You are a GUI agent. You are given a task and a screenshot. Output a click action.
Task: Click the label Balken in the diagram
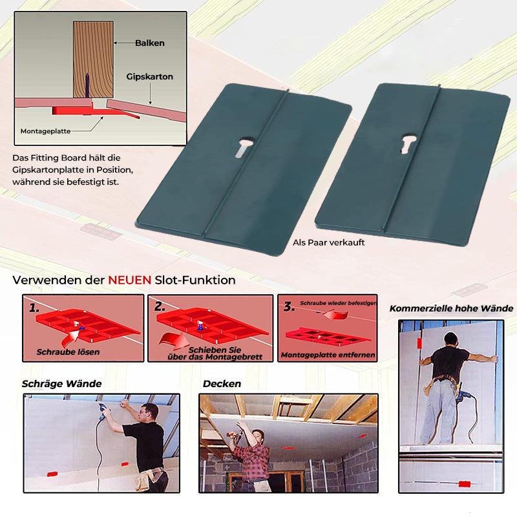(x=150, y=43)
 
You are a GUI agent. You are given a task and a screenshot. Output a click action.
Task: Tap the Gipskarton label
(x=150, y=76)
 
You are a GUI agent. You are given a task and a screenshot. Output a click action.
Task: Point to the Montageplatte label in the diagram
(x=45, y=131)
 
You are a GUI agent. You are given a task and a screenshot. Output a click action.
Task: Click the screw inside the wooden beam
(x=87, y=85)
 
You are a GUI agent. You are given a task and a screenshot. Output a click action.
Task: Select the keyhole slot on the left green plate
(x=244, y=147)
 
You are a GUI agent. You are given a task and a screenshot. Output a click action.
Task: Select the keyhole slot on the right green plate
(x=408, y=143)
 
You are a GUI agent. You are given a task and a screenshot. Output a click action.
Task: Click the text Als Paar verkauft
(x=329, y=243)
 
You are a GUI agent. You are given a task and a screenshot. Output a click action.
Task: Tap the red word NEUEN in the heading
(x=130, y=280)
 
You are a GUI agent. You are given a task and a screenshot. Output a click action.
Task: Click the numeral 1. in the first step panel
(x=34, y=308)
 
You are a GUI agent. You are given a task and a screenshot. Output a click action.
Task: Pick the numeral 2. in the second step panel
(x=160, y=306)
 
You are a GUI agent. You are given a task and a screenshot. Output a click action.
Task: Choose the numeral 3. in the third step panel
(x=289, y=306)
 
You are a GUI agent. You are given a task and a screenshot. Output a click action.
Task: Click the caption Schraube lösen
(x=69, y=352)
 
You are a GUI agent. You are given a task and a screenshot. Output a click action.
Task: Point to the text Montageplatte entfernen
(x=328, y=355)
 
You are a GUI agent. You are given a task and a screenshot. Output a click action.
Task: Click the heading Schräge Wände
(x=61, y=384)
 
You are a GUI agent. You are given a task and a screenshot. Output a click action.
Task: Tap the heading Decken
(x=222, y=384)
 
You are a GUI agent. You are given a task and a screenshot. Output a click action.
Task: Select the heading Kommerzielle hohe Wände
(x=451, y=309)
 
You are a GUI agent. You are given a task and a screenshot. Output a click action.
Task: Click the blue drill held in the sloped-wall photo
(x=105, y=411)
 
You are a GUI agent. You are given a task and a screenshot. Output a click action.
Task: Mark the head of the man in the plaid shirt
(x=257, y=435)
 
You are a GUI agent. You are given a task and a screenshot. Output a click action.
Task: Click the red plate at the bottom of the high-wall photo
(x=465, y=484)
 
